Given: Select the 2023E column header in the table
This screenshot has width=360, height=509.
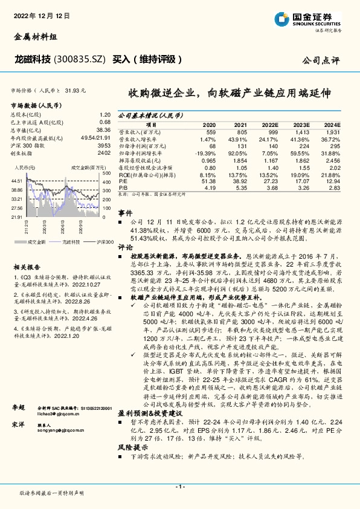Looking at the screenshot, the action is pyautogui.click(x=301, y=123).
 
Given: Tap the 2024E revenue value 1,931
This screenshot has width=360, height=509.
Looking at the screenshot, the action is pyautogui.click(x=333, y=131).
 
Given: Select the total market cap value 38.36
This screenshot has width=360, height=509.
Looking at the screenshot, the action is pyautogui.click(x=103, y=129).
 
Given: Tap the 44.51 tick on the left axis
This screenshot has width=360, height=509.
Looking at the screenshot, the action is pyautogui.click(x=17, y=181).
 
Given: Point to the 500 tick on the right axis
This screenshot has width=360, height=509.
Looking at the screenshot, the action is pyautogui.click(x=106, y=173).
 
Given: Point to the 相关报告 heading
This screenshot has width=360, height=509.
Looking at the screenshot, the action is pyautogui.click(x=27, y=250).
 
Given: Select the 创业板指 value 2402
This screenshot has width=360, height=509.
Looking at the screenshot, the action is pyautogui.click(x=103, y=153).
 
